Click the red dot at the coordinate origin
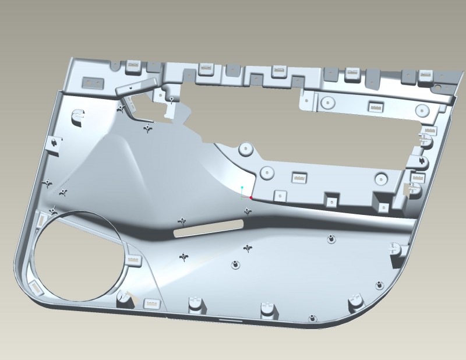(251, 197)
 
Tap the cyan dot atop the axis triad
(242, 188)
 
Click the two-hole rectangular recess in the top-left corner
(90, 82)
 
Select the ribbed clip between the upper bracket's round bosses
(374, 107)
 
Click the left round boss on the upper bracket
(327, 103)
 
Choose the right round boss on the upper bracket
(421, 110)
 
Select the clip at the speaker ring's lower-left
(36, 286)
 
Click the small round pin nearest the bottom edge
(313, 318)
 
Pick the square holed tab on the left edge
(52, 142)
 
